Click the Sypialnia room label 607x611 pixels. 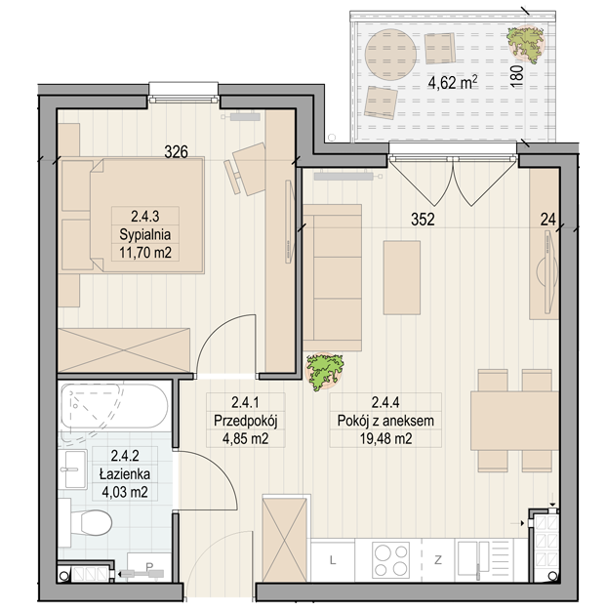pyautogui.click(x=145, y=234)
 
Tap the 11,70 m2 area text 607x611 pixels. pyautogui.click(x=145, y=253)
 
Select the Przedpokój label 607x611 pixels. pyautogui.click(x=246, y=421)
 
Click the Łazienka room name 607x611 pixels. pyautogui.click(x=125, y=474)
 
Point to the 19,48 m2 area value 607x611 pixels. pyautogui.click(x=385, y=439)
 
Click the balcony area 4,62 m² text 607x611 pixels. pyautogui.click(x=453, y=82)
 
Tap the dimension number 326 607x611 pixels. pyautogui.click(x=176, y=152)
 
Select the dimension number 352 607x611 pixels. pyautogui.click(x=423, y=220)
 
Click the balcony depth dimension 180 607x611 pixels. pyautogui.click(x=516, y=75)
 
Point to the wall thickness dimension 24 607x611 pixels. pyautogui.click(x=547, y=220)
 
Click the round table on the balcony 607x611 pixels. pyautogui.click(x=390, y=55)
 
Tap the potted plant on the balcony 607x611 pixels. pyautogui.click(x=525, y=43)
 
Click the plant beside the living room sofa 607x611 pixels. pyautogui.click(x=324, y=372)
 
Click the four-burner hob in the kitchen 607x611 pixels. pyautogui.click(x=390, y=559)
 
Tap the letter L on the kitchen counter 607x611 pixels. pyautogui.click(x=333, y=560)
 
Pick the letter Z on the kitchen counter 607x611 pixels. pyautogui.click(x=438, y=560)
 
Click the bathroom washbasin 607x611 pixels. pyautogui.click(x=74, y=469)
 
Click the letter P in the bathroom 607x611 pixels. pyautogui.click(x=149, y=566)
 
